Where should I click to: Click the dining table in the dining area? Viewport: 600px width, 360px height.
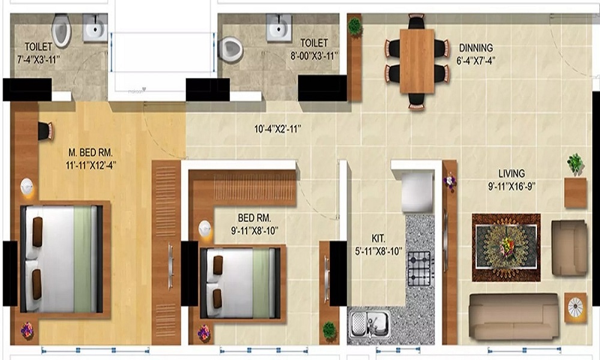coord(416,61)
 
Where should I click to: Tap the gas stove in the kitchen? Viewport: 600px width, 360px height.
coord(419,268)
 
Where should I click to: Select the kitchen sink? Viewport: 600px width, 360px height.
coord(368,325)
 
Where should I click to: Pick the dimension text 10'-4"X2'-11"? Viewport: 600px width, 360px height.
coord(277,128)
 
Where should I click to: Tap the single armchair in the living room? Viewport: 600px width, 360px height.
coord(569,247)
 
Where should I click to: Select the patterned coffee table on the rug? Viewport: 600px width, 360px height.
coord(506,247)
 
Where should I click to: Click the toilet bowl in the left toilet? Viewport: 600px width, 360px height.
coord(61,31)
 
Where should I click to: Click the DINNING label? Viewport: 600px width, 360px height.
coord(476,47)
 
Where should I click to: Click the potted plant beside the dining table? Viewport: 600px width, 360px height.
coord(355,27)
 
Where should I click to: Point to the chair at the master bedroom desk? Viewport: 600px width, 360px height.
coord(46,131)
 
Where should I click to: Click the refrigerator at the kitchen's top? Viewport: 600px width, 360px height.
coord(417,191)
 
